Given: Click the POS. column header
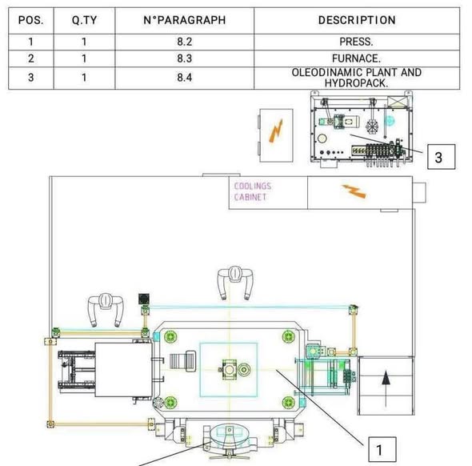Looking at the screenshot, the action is pos(30,20).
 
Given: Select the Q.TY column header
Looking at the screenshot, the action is pos(84,20).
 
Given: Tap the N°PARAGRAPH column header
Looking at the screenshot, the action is pos(185,20).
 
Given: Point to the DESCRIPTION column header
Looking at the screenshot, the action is pos(357,20).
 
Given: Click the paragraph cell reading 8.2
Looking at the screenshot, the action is pos(185,42).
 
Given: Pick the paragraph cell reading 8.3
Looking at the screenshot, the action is pos(185,58).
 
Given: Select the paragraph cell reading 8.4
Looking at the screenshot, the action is pos(185,78).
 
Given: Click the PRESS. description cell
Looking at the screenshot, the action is pos(357,42).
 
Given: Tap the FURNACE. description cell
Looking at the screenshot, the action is pos(357,58).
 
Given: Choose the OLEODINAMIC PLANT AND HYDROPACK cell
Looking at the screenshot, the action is pos(357,78).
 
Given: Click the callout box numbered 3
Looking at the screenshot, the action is pos(442,157).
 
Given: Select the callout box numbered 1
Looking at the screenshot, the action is pos(382,449).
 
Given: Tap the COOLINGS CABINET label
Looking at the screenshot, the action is pos(253,191).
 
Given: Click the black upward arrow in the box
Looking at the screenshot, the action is pos(386,388).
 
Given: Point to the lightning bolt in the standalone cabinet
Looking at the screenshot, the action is pos(276,131).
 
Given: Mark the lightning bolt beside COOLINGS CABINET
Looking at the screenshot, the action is pos(354,191).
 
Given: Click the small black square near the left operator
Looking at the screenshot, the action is pos(144,299).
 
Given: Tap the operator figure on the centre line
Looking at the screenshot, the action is pos(235,283).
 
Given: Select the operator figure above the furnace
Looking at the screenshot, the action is pos(106,310).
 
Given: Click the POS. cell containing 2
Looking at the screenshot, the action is pos(30,58).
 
